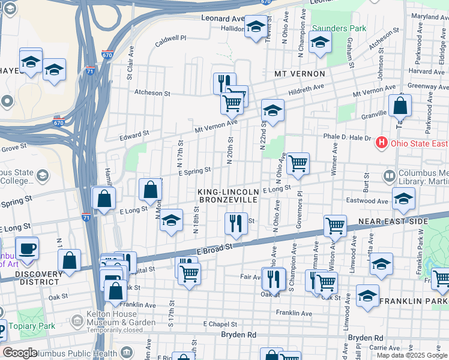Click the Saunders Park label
[338, 28]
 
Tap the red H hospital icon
[381, 143]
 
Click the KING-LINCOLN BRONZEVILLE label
[229, 195]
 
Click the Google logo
[19, 353]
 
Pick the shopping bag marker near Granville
[400, 106]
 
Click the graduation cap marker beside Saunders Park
[320, 42]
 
